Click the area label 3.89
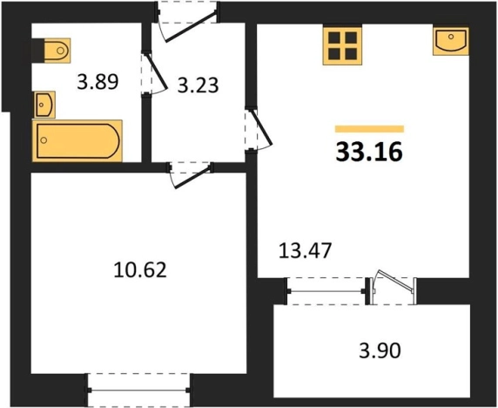click(98, 81)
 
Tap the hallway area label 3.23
click(198, 85)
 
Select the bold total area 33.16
click(369, 152)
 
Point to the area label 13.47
click(306, 250)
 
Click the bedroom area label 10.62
click(140, 270)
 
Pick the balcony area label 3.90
click(380, 350)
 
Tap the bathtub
click(77, 141)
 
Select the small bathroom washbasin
click(44, 105)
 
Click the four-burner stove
click(342, 46)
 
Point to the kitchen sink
click(451, 41)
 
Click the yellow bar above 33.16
click(369, 129)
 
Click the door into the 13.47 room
click(259, 131)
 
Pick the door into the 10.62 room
click(191, 176)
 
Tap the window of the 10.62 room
click(139, 390)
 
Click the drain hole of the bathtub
click(44, 139)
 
